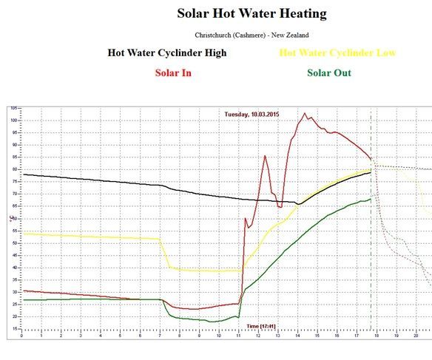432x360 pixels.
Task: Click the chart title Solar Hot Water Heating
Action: click(252, 14)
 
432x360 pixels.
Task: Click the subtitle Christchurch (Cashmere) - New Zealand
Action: click(252, 35)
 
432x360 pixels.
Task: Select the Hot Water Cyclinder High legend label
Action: click(167, 53)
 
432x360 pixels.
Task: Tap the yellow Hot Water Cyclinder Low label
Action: click(337, 53)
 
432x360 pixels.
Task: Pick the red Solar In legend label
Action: click(173, 72)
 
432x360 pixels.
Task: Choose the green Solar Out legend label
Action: click(328, 72)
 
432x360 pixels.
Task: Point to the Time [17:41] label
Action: click(263, 326)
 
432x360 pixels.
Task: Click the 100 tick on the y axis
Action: click(13, 120)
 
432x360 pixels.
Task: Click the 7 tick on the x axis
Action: click(160, 335)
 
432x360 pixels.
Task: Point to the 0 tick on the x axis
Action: click(22, 335)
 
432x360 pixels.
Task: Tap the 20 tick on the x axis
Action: click(416, 335)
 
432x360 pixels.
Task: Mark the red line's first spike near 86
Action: click(265, 155)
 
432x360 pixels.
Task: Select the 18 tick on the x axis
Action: click(377, 335)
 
